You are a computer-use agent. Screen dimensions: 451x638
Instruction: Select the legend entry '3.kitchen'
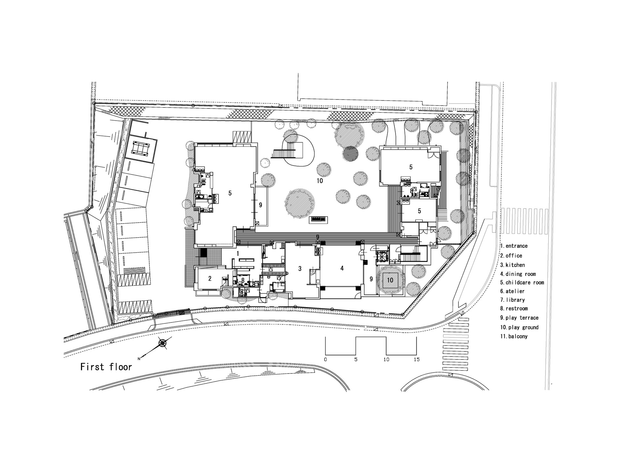[512, 265]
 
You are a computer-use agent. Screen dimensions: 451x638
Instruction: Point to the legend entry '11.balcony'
[514, 336]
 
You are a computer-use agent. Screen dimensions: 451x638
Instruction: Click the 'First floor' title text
[106, 367]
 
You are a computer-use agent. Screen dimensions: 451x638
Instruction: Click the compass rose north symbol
[162, 343]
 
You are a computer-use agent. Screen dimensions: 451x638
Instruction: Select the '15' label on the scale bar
[416, 359]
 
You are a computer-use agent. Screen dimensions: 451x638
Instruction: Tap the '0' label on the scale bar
[325, 359]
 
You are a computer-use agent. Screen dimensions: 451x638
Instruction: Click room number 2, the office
[210, 278]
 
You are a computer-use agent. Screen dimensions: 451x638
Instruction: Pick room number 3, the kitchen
[300, 269]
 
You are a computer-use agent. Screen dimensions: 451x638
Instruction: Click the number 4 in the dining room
[342, 268]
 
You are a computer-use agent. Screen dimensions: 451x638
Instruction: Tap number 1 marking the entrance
[238, 253]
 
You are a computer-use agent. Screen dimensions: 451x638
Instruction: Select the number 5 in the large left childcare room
[230, 193]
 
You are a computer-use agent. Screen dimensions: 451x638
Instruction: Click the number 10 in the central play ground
[320, 181]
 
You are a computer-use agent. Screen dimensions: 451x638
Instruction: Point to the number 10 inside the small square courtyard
[390, 280]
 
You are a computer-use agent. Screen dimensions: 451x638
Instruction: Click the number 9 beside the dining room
[371, 279]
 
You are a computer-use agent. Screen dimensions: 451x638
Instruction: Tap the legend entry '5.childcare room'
[522, 282]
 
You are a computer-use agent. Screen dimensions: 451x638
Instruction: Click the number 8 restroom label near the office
[243, 280]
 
